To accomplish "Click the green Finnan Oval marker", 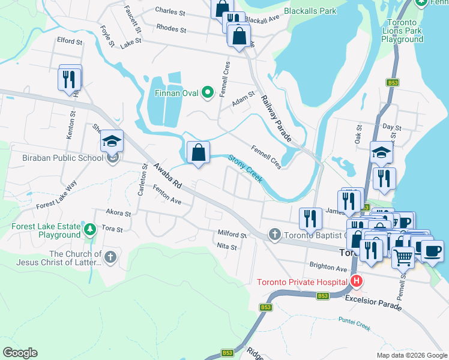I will pos(208,92).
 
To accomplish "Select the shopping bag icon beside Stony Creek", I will pos(198,154).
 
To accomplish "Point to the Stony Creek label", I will pos(245,169).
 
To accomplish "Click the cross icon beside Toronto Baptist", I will pos(275,234).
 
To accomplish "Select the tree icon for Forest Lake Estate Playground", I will pos(89,229).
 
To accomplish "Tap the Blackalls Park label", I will pos(311,11).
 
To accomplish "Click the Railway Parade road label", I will pos(276,120).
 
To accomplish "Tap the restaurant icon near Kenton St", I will pos(70,79).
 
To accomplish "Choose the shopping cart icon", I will pos(403,257).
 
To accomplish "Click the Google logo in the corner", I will pos(20,353).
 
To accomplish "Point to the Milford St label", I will pos(232,234).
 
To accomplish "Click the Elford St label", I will pos(70,41).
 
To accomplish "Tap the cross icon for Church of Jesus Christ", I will pos(109,257).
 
